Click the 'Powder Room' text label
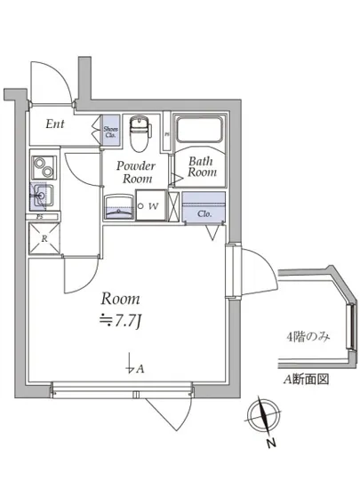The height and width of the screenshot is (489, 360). coord(138,172)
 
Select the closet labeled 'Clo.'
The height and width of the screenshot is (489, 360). coord(204,212)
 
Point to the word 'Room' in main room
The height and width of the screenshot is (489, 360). coord(121,299)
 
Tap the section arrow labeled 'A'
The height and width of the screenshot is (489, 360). coord(133,365)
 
